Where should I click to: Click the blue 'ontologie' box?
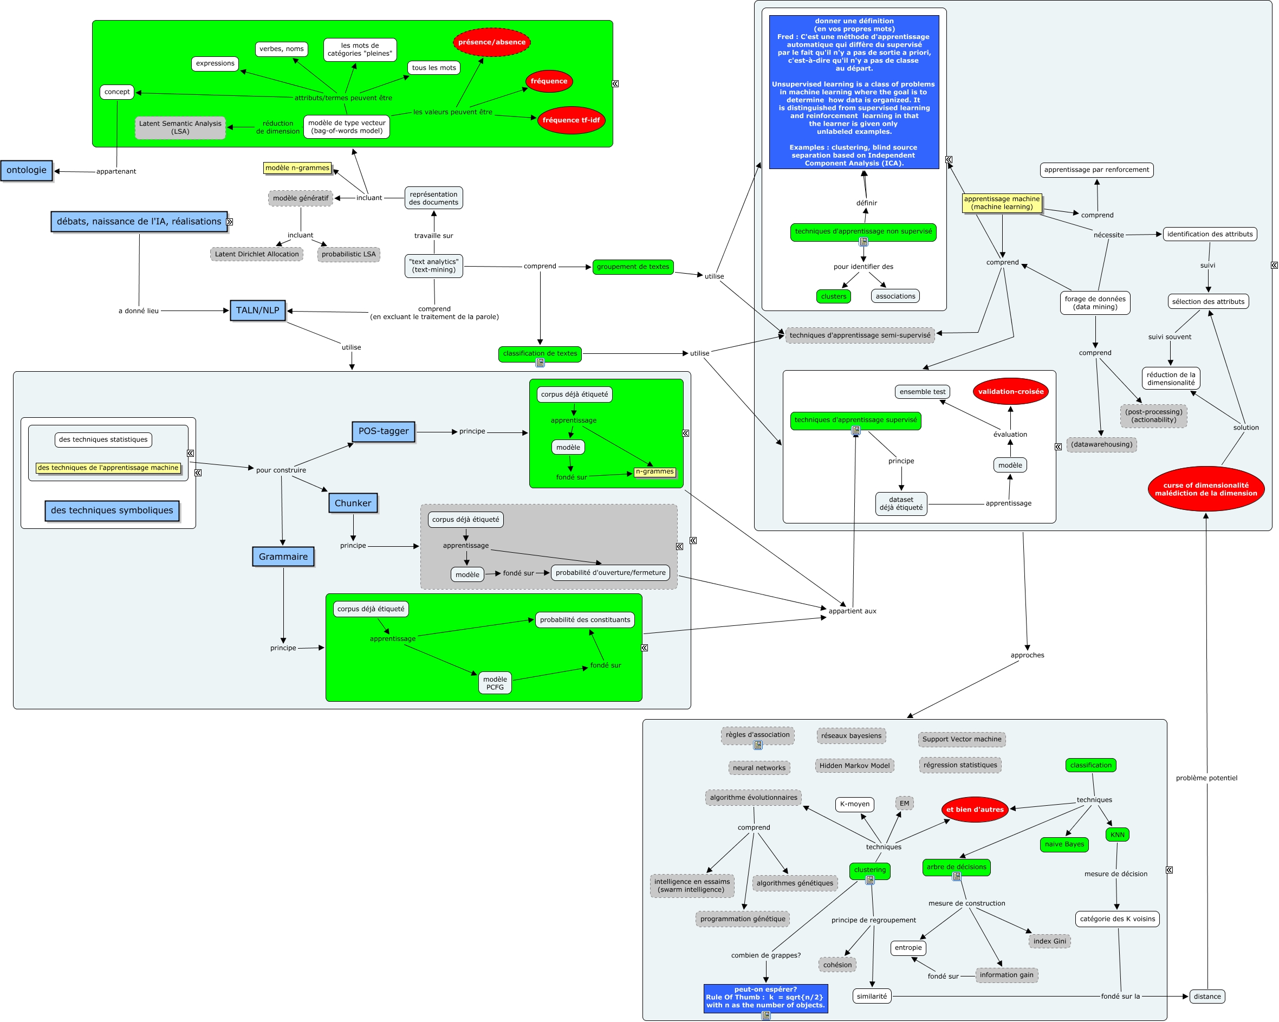pyautogui.click(x=27, y=170)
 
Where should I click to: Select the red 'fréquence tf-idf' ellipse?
pyautogui.click(x=570, y=120)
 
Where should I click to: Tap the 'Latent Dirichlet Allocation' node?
pyautogui.click(x=256, y=254)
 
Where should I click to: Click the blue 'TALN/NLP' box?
pyautogui.click(x=257, y=311)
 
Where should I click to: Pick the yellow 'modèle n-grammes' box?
pyautogui.click(x=297, y=168)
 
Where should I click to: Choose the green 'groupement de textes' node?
pyautogui.click(x=632, y=267)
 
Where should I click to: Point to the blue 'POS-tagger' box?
pyautogui.click(x=383, y=431)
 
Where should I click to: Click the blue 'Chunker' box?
pyautogui.click(x=353, y=503)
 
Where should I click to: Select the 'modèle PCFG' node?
pyautogui.click(x=495, y=683)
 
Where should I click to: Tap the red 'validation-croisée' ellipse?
pyautogui.click(x=1010, y=392)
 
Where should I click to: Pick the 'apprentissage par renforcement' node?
pyautogui.click(x=1096, y=170)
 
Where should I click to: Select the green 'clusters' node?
pyautogui.click(x=834, y=296)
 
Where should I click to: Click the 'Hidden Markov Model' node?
pyautogui.click(x=854, y=766)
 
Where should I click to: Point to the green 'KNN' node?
pyautogui.click(x=1117, y=835)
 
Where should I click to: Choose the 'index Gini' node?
pyautogui.click(x=1049, y=941)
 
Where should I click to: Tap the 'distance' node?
pyautogui.click(x=1206, y=997)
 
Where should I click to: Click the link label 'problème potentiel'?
pyautogui.click(x=1206, y=778)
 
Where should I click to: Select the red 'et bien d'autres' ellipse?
pyautogui.click(x=975, y=810)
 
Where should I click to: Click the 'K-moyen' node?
pyautogui.click(x=854, y=804)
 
